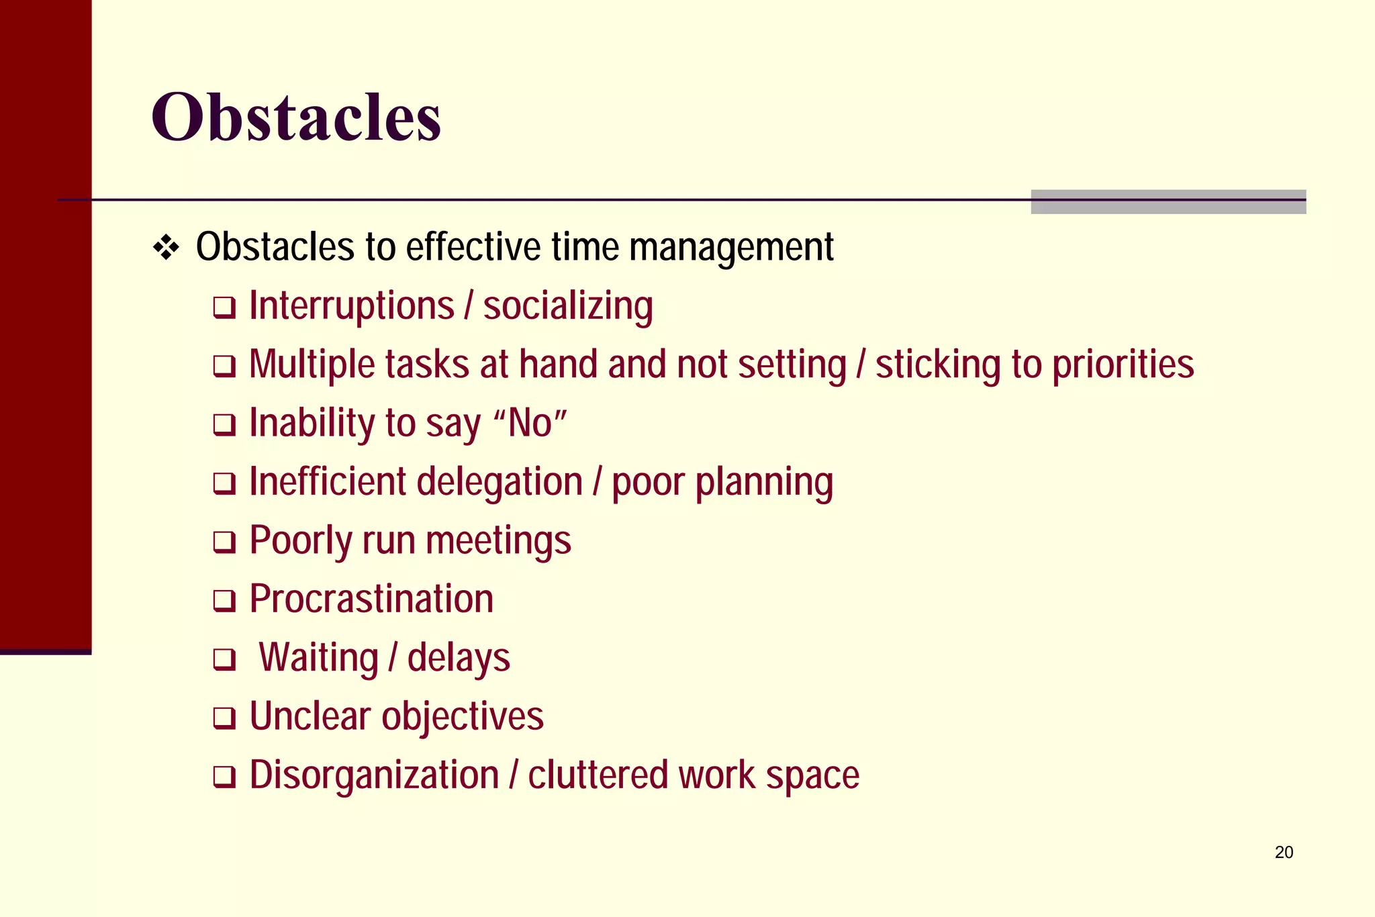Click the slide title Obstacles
tap(296, 117)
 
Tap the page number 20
tap(1284, 852)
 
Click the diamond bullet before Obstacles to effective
tap(166, 248)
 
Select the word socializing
tap(568, 307)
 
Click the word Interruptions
tap(352, 307)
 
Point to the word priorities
tap(1123, 365)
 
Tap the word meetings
tap(498, 541)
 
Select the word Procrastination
tap(371, 599)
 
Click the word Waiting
tap(319, 658)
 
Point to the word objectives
tap(463, 716)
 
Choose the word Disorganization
tap(374, 775)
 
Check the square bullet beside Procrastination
tap(224, 601)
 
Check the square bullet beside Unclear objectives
tap(224, 718)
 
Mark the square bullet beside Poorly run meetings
tap(224, 542)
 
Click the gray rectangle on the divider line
tap(1168, 202)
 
